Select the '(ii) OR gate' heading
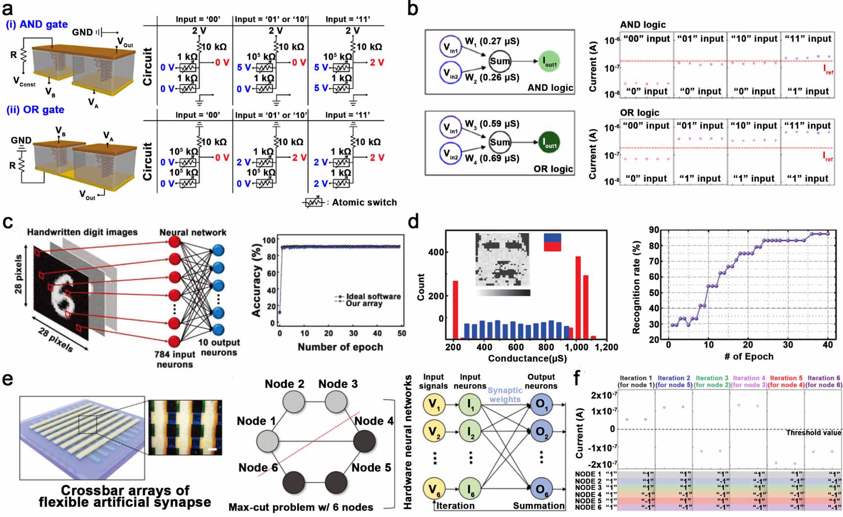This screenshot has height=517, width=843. [35, 109]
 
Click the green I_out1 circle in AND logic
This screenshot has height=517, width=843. [550, 62]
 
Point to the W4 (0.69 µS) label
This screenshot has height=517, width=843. [492, 159]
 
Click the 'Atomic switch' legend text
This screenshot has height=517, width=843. [364, 202]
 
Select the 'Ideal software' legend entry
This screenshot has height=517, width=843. [373, 296]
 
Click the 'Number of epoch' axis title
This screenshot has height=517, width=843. [340, 347]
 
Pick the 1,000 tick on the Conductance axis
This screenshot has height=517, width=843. [577, 347]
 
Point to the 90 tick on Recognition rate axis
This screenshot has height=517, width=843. [654, 230]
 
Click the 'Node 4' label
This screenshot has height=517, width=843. [374, 421]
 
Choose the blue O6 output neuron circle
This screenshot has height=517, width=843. [541, 489]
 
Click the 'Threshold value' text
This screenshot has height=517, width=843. [813, 433]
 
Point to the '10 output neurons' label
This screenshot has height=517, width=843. [219, 347]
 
